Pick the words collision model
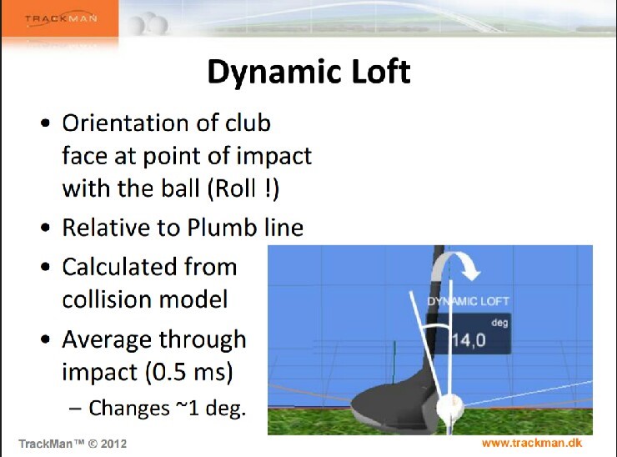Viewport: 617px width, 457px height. click(x=144, y=299)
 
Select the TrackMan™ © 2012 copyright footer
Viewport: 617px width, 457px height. click(x=73, y=443)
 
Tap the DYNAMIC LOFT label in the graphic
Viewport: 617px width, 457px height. click(x=468, y=301)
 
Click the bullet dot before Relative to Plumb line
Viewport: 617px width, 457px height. click(x=45, y=228)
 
